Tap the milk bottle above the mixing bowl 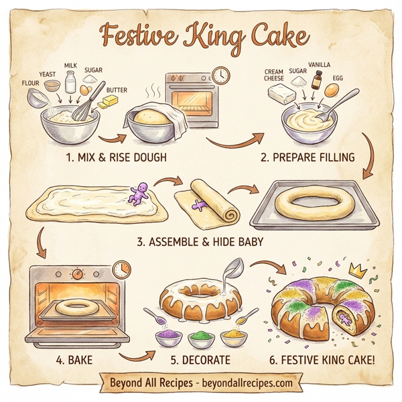[x=70, y=83]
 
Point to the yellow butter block [x=107, y=103]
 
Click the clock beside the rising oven [x=219, y=74]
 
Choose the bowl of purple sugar [x=167, y=334]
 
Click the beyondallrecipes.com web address [x=249, y=384]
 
